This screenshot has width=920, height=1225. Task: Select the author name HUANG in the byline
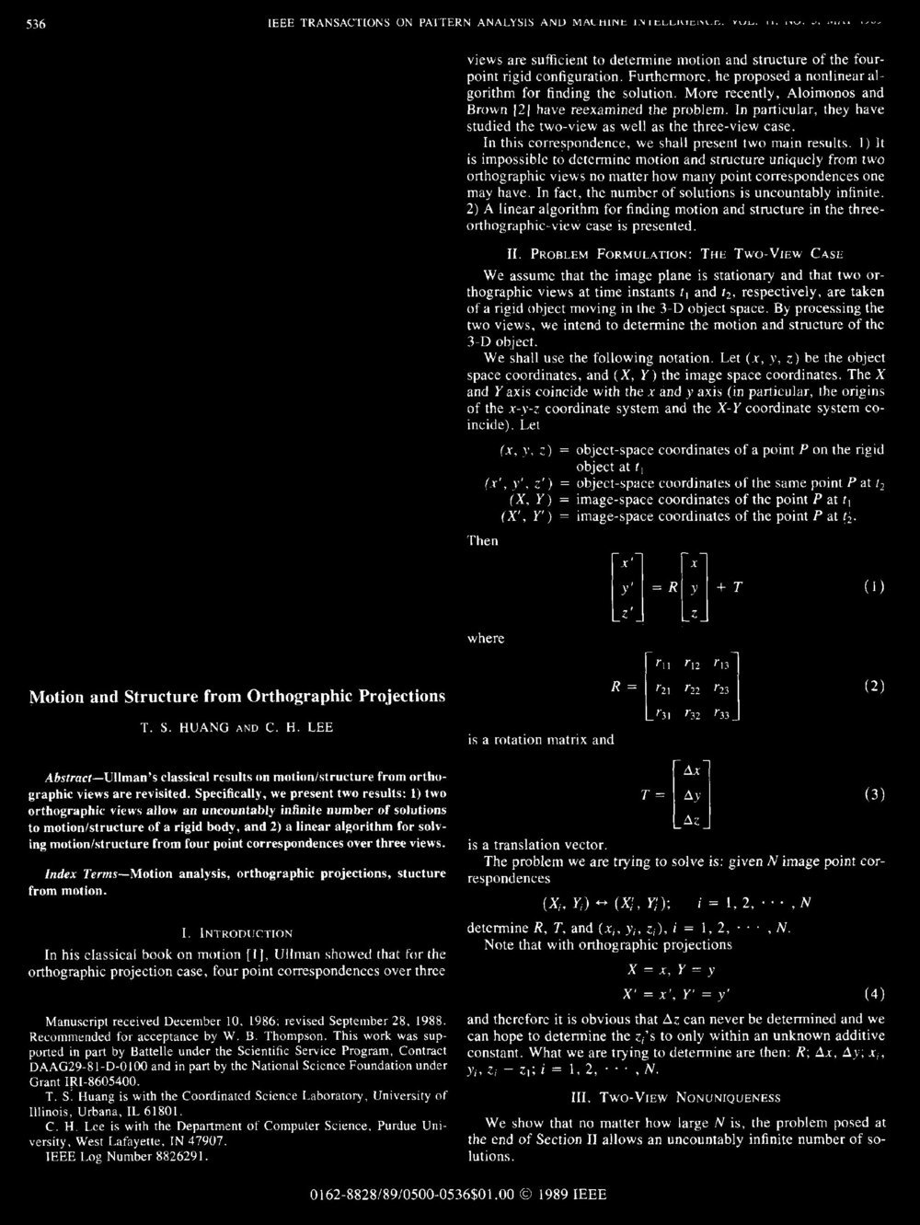(191, 728)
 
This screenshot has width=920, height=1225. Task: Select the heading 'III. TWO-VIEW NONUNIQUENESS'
(676, 1099)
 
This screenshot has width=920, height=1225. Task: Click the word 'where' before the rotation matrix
(487, 638)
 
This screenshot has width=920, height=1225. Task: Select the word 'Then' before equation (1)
(483, 540)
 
